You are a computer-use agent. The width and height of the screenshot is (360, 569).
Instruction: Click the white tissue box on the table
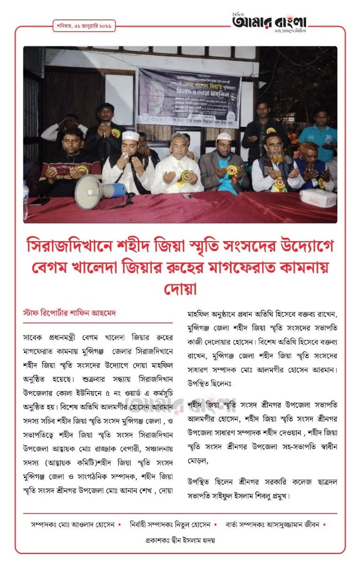point(318,197)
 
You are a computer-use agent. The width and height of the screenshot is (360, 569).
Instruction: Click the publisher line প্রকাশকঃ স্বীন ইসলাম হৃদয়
point(180,540)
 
